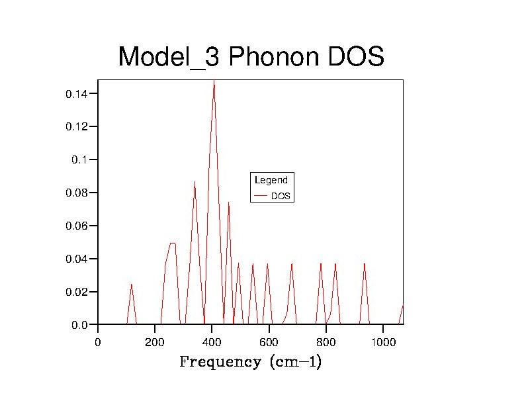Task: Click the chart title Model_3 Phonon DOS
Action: coord(251,58)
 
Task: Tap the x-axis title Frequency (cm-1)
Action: coord(251,362)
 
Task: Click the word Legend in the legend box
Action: coord(271,180)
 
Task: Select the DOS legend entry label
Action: coord(281,197)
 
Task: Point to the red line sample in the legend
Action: coord(261,196)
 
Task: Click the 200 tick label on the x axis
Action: coord(155,342)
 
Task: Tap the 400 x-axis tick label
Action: coord(212,342)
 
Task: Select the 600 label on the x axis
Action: coord(269,342)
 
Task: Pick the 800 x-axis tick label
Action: coord(326,342)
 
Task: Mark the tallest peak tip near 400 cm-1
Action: coord(214,81)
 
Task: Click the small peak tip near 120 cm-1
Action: coord(132,284)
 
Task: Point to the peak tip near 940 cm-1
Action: coord(364,263)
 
